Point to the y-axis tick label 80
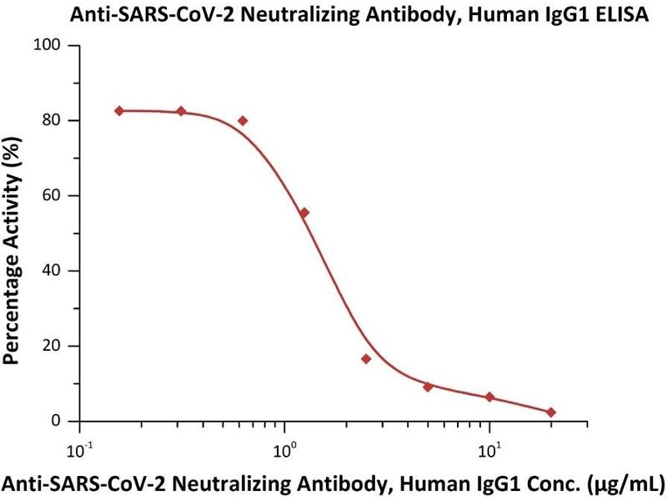(58, 120)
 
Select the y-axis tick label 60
(58, 195)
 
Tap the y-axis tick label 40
(58, 271)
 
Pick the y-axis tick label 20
(58, 346)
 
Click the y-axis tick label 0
(62, 421)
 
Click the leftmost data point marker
(119, 111)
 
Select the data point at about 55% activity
(304, 213)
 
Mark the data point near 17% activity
(366, 359)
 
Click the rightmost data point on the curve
(551, 412)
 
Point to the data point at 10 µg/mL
(489, 397)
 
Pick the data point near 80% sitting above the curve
(243, 120)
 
